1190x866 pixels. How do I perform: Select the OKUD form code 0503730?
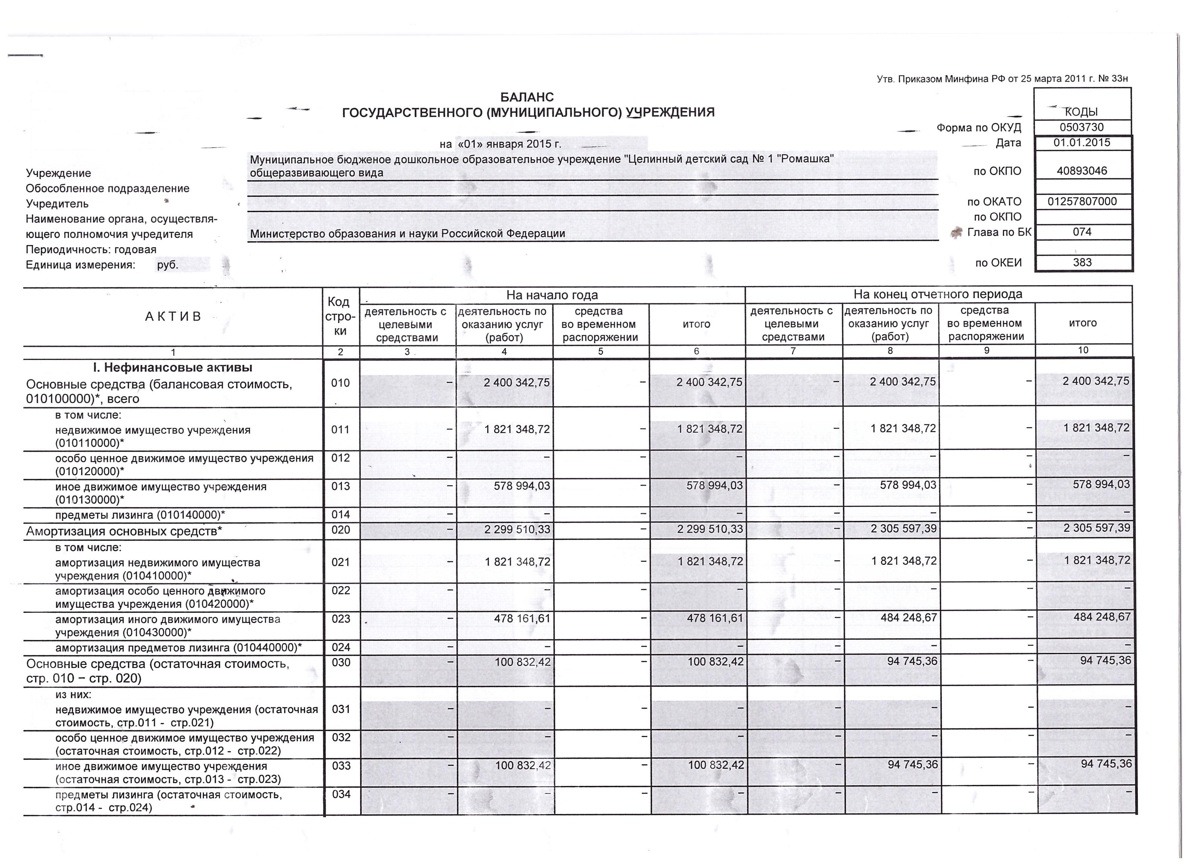pos(1082,128)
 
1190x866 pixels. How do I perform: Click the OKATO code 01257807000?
pos(1082,202)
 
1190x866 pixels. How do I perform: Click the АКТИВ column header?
pos(173,316)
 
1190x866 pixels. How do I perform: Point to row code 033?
pos(341,766)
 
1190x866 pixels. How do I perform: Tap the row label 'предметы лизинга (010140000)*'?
pos(140,515)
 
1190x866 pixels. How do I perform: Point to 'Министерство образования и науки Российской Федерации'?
pos(407,234)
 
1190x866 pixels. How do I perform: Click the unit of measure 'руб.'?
pos(168,265)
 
